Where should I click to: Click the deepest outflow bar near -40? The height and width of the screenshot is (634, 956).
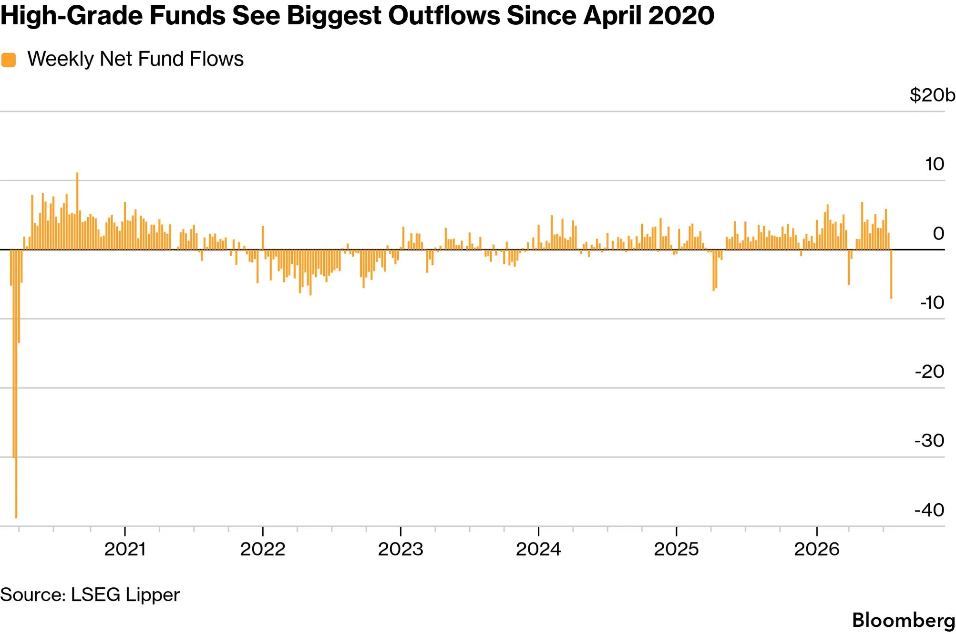pyautogui.click(x=16, y=384)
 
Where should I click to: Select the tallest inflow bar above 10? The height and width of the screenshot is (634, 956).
pyautogui.click(x=77, y=211)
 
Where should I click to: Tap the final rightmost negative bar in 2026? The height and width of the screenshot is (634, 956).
pyautogui.click(x=891, y=274)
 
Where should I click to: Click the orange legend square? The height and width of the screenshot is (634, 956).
pyautogui.click(x=9, y=60)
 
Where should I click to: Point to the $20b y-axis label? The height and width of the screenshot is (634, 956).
pyautogui.click(x=932, y=95)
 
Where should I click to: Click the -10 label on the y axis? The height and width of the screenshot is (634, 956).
pyautogui.click(x=932, y=302)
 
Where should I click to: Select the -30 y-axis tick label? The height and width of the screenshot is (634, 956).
pyautogui.click(x=929, y=440)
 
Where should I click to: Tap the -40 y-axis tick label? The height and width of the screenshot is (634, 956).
pyautogui.click(x=929, y=510)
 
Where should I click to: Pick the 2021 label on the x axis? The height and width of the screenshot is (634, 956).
pyautogui.click(x=125, y=549)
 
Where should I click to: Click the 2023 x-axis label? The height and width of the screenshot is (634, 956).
pyautogui.click(x=401, y=549)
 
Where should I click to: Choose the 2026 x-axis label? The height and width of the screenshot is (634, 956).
pyautogui.click(x=817, y=549)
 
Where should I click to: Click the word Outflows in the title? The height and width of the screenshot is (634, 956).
pyautogui.click(x=444, y=15)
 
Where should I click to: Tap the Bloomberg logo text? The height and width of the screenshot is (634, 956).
pyautogui.click(x=904, y=620)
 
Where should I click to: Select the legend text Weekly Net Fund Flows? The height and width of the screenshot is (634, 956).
pyautogui.click(x=135, y=59)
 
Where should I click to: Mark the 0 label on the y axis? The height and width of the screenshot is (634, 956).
pyautogui.click(x=938, y=233)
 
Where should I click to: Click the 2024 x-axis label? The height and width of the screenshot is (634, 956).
pyautogui.click(x=538, y=549)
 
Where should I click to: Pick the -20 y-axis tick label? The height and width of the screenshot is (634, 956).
pyautogui.click(x=929, y=372)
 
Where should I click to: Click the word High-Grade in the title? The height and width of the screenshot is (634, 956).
pyautogui.click(x=72, y=15)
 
